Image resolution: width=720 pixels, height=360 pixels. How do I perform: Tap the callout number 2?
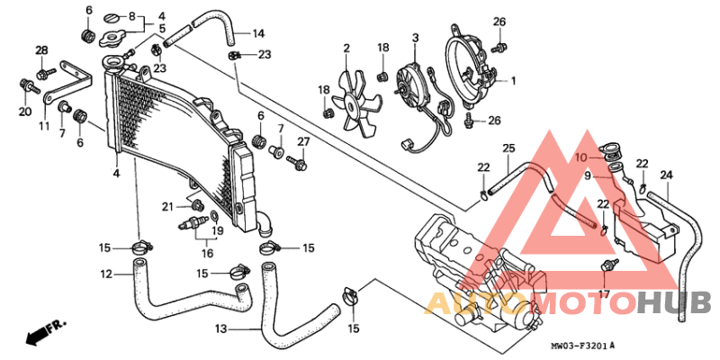click(346, 47)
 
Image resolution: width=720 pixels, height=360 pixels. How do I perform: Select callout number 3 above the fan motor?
click(416, 38)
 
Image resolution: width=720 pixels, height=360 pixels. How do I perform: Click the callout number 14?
click(258, 34)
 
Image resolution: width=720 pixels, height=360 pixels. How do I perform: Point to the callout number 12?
click(105, 274)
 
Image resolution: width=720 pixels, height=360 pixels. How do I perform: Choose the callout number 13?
click(220, 329)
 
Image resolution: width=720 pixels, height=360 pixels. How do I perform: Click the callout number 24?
click(666, 175)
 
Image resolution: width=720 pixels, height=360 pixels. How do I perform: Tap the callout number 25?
click(508, 148)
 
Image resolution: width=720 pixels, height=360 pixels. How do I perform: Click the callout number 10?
click(581, 157)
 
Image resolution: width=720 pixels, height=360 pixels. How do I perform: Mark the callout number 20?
click(24, 112)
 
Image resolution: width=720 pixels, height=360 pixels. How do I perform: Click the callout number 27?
click(303, 141)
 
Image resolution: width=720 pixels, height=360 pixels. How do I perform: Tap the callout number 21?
click(167, 207)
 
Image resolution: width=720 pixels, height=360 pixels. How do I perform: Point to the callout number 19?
click(216, 230)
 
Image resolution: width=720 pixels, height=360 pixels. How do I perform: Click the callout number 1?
click(513, 81)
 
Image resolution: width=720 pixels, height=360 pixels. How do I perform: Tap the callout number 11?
click(43, 126)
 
